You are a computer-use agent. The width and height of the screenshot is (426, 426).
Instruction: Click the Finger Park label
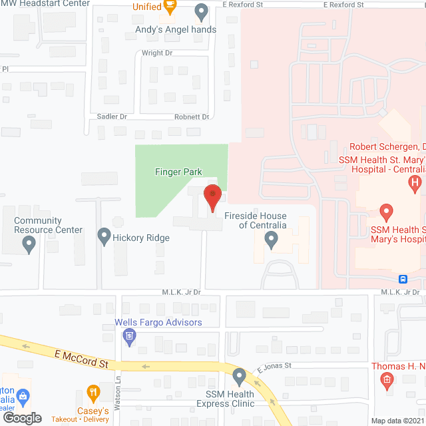pyautogui.click(x=178, y=172)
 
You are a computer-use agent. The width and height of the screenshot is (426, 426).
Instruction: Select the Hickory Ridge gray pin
pyautogui.click(x=104, y=236)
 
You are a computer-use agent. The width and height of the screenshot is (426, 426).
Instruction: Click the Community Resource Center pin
pyautogui.click(x=29, y=245)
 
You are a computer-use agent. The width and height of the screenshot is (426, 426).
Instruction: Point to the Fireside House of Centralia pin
pyautogui.click(x=271, y=240)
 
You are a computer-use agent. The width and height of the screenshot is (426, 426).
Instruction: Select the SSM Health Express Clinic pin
pyautogui.click(x=240, y=377)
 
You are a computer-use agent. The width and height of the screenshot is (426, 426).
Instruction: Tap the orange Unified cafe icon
pyautogui.click(x=170, y=7)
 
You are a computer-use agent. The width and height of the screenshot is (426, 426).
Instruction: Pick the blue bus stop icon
pyautogui.click(x=403, y=279)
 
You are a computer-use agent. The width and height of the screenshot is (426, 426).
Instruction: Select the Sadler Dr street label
pyautogui.click(x=112, y=116)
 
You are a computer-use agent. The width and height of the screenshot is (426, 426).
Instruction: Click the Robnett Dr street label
pyautogui.click(x=192, y=116)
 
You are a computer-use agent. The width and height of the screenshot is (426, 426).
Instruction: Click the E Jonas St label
pyautogui.click(x=275, y=365)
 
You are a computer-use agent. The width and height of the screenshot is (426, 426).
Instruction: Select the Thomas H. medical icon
pyautogui.click(x=386, y=381)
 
